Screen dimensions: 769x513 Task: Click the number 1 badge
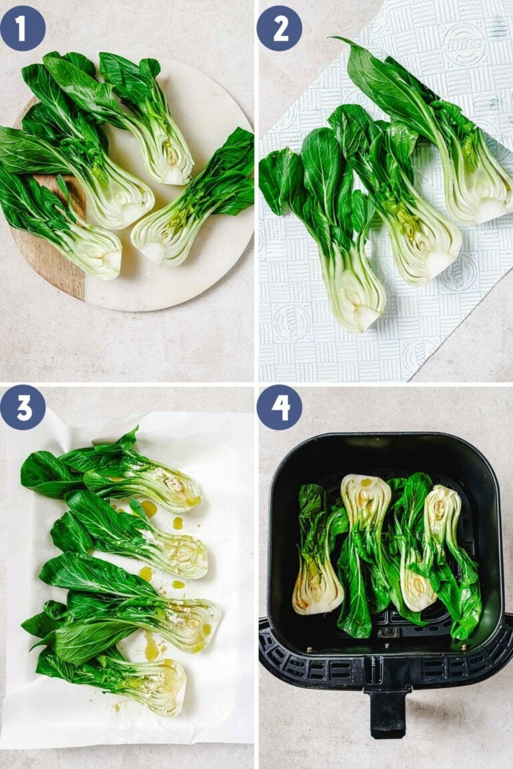[x=23, y=28]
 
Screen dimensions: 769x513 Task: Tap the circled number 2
[x=279, y=28]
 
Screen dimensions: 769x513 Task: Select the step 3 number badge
[x=23, y=407]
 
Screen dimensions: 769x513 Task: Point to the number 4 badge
[x=279, y=407]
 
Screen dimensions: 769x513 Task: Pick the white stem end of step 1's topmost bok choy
[x=175, y=174]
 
